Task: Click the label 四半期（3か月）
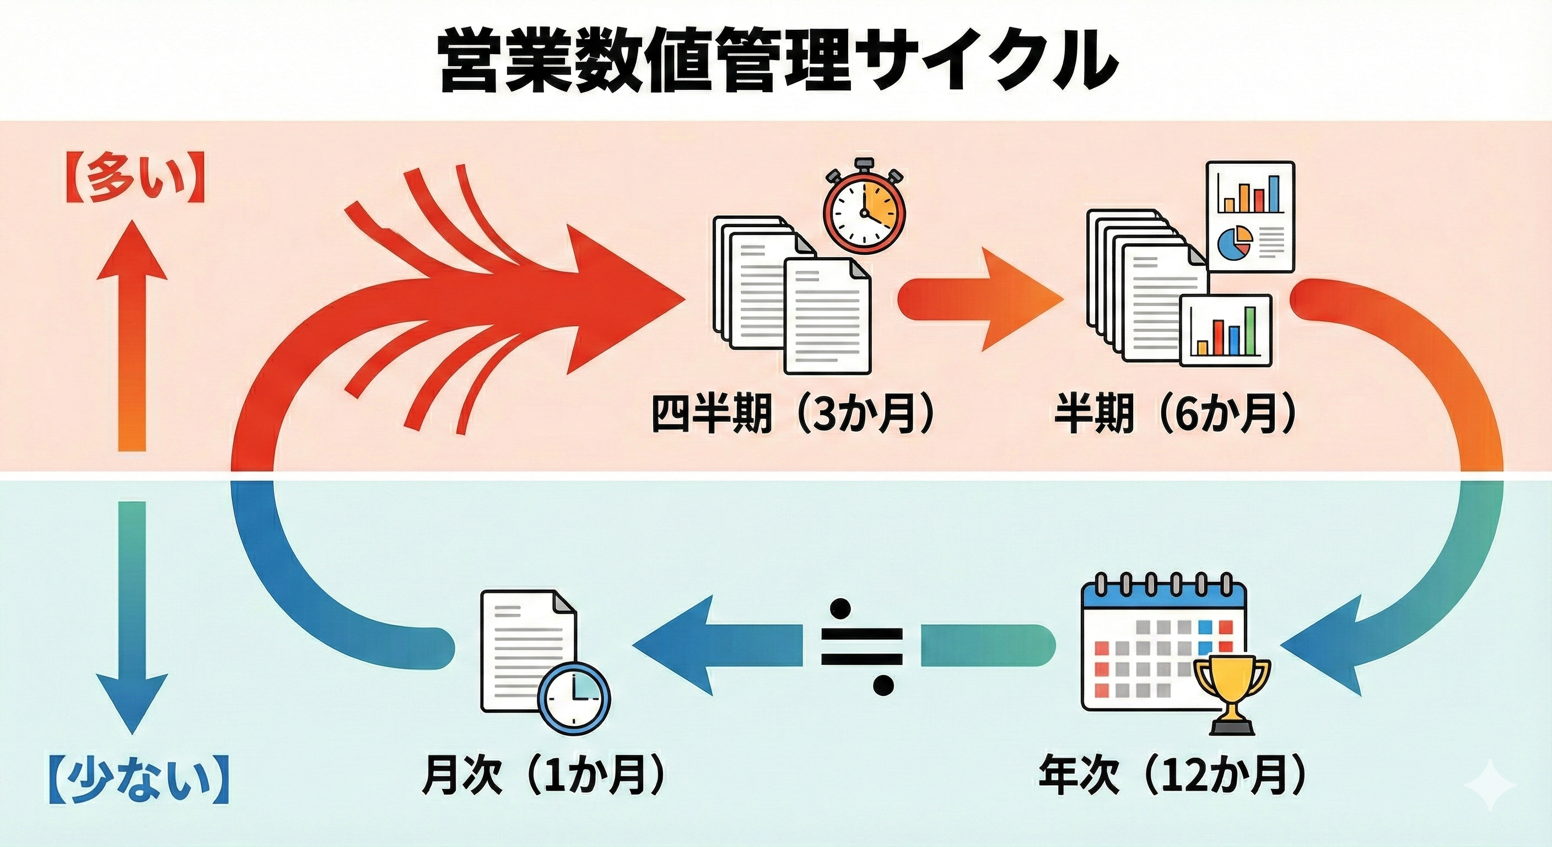[x=793, y=415]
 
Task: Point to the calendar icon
[x=1163, y=648]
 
